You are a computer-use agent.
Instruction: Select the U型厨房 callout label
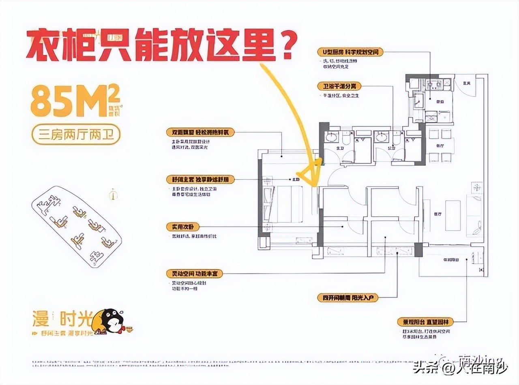pyautogui.click(x=350, y=52)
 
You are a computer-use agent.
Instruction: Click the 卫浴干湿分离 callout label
pyautogui.click(x=339, y=86)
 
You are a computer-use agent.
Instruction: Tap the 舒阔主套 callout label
pyautogui.click(x=200, y=180)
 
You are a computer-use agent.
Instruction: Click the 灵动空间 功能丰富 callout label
pyautogui.click(x=194, y=274)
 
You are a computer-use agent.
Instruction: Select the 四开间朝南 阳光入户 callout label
pyautogui.click(x=348, y=298)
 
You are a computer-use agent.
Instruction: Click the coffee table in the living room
pyautogui.click(x=453, y=215)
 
